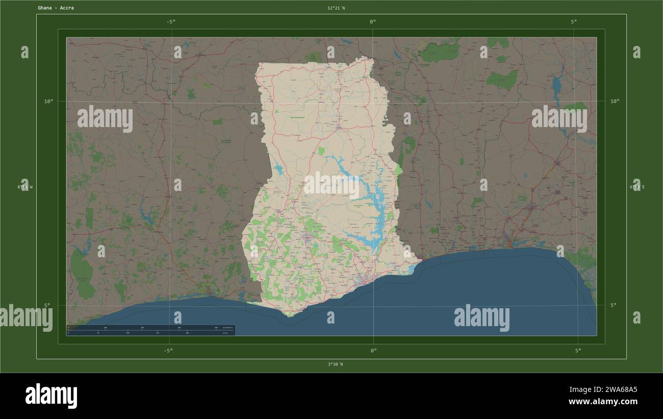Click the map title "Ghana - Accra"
[x=56, y=8]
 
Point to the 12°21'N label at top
[x=336, y=8]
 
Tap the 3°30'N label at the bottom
[x=335, y=364]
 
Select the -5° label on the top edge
[x=171, y=21]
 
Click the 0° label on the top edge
[x=373, y=21]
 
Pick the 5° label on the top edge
[x=574, y=21]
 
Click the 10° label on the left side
[x=48, y=101]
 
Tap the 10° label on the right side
[x=615, y=101]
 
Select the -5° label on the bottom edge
[x=168, y=351]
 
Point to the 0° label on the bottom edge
[x=373, y=351]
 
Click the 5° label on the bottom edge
[x=578, y=351]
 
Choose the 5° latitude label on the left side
[x=47, y=305]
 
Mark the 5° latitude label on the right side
[x=614, y=305]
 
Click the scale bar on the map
[x=150, y=330]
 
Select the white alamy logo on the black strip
[x=52, y=396]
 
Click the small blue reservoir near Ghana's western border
[x=278, y=168]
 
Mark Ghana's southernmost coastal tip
[x=291, y=315]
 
